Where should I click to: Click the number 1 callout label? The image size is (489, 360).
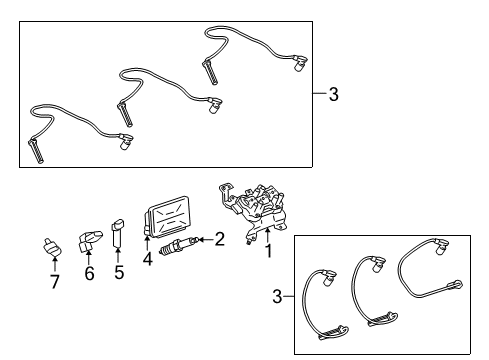click(268, 253)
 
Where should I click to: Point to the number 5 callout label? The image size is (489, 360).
click(118, 272)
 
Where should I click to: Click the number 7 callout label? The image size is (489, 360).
click(55, 281)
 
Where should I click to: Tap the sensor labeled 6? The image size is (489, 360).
click(90, 240)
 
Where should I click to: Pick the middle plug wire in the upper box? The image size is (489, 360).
click(160, 80)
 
